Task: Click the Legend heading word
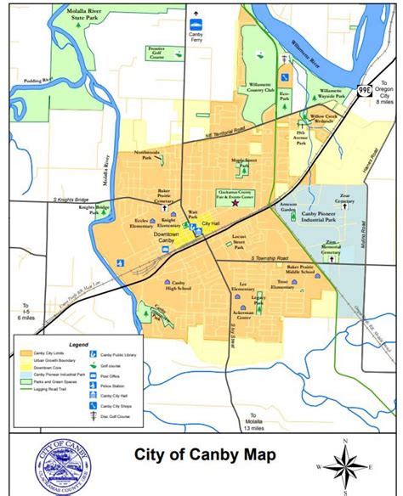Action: coord(78,345)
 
